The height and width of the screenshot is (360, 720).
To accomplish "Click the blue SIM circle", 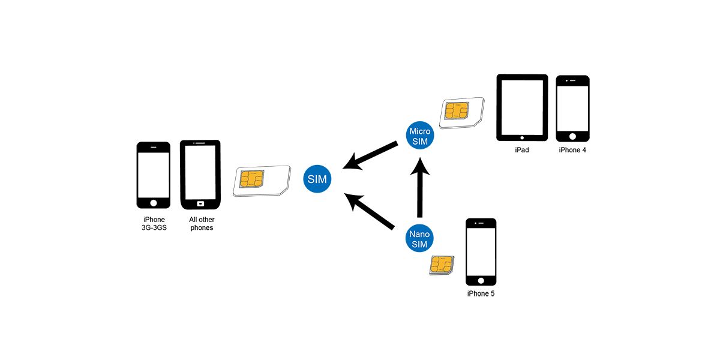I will click(318, 178).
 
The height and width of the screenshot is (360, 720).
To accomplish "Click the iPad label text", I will click(521, 150).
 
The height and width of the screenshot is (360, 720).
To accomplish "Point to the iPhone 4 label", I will click(572, 150).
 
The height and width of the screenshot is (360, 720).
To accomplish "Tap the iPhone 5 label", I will click(481, 294).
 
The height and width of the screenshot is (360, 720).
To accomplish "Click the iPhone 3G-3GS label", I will click(154, 224).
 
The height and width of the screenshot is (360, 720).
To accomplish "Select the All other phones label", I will click(202, 224).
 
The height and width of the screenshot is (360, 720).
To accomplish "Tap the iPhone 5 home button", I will click(481, 280).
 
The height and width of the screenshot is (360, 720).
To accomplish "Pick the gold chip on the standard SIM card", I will click(250, 179).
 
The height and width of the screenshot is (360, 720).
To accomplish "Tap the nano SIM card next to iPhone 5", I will click(442, 265).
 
